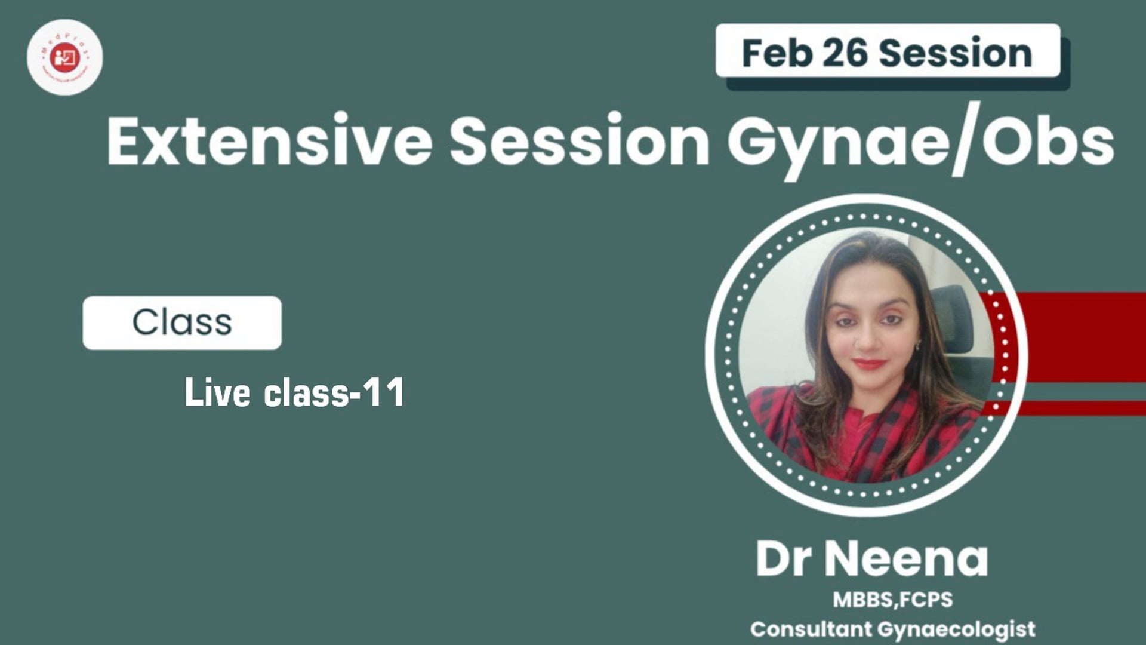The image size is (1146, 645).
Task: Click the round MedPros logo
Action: point(64,57)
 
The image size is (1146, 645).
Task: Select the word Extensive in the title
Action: point(269,142)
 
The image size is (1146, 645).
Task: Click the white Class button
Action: point(182,322)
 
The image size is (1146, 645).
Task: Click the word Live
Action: point(217,393)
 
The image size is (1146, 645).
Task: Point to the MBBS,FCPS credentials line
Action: point(892,600)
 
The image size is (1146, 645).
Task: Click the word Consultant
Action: point(811,629)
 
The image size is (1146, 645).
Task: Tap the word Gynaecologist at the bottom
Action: point(957,629)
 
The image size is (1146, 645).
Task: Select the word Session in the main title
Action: point(579,142)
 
